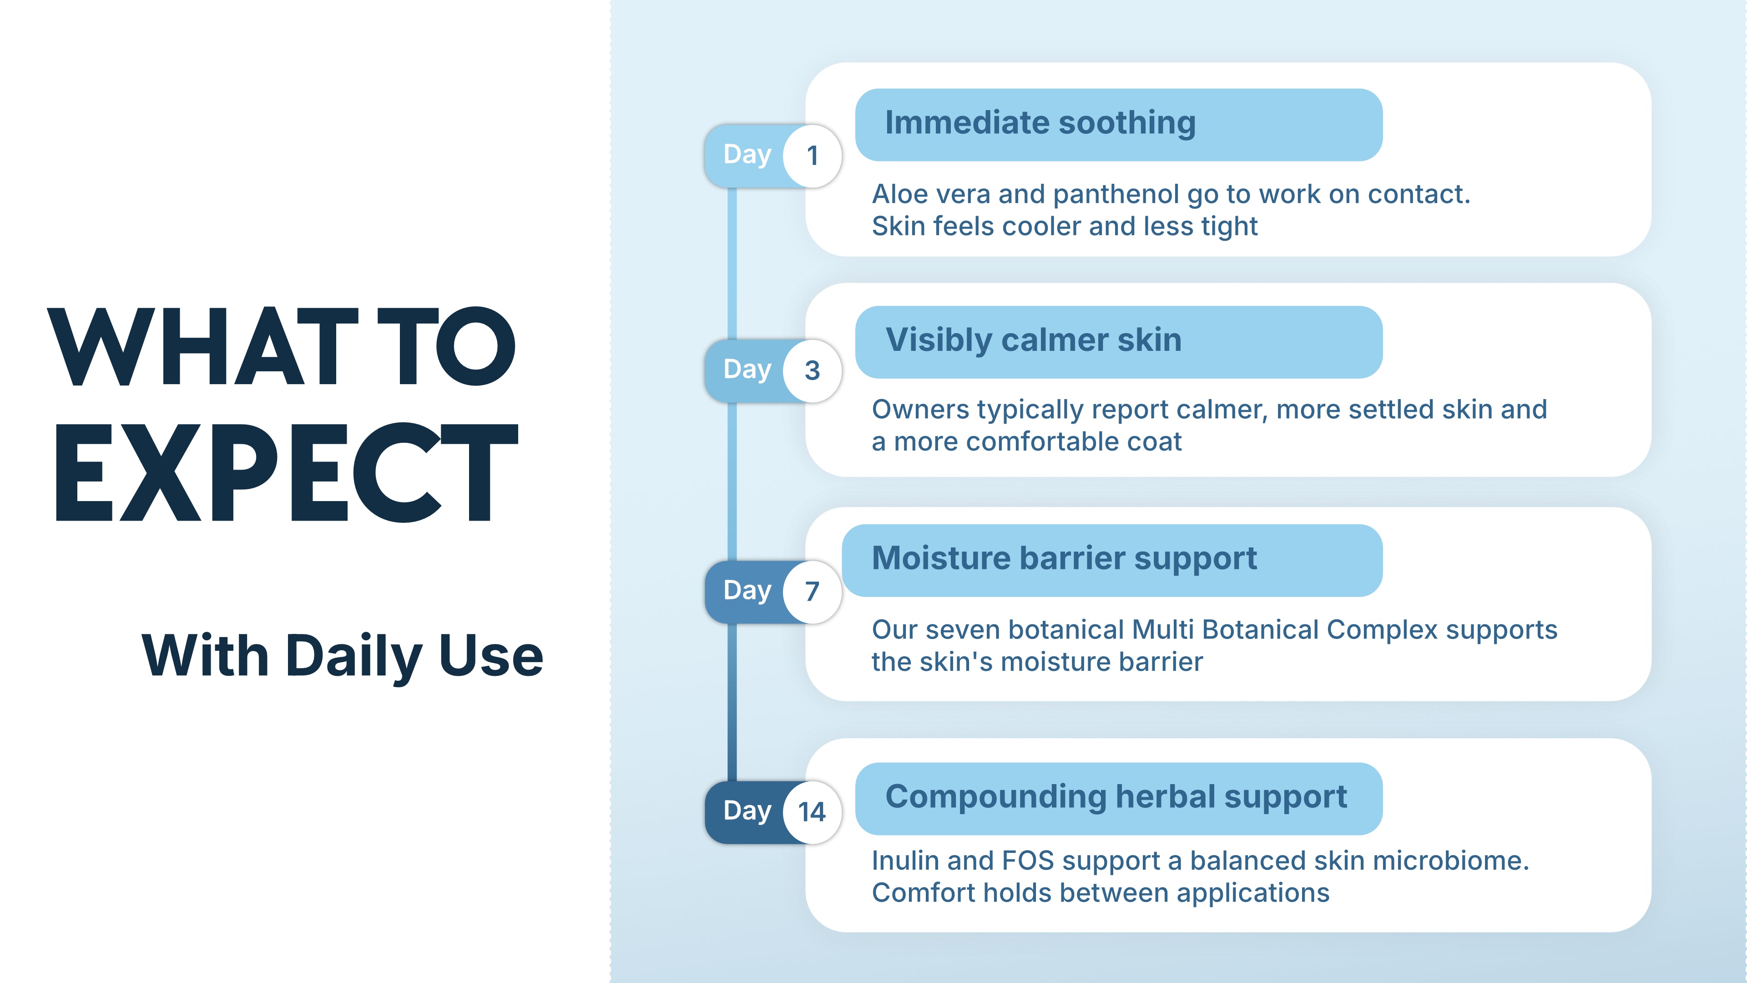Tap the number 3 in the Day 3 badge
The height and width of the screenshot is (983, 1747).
(x=813, y=370)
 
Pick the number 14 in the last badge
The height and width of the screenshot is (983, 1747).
(x=812, y=812)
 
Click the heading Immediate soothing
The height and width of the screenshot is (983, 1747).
(x=1040, y=123)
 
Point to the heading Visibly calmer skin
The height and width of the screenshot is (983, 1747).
(x=1034, y=340)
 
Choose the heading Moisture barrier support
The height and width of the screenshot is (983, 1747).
(x=1064, y=559)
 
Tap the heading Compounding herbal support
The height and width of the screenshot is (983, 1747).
(x=1116, y=797)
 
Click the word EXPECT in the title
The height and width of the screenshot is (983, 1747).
(x=286, y=472)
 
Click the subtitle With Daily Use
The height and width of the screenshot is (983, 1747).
(x=343, y=655)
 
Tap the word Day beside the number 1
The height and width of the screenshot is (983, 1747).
(x=747, y=155)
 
